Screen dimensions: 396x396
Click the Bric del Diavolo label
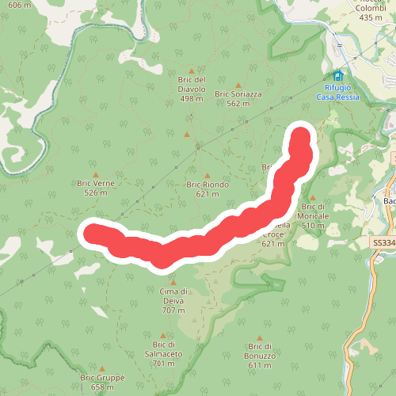pos(192,84)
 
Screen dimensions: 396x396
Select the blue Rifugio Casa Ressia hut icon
pos(338,76)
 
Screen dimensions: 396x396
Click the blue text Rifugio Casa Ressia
pos(338,92)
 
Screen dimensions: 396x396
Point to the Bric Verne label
pos(96,188)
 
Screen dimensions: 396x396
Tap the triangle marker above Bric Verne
pos(96,175)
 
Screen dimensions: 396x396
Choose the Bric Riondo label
pos(208,188)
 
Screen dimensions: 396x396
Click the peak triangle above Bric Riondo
pos(208,176)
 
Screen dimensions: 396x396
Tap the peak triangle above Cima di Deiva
pos(173,281)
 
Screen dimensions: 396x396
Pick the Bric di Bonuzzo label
pos(261,351)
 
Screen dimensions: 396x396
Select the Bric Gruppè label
pos(103,383)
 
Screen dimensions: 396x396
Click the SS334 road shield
pos(383,243)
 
